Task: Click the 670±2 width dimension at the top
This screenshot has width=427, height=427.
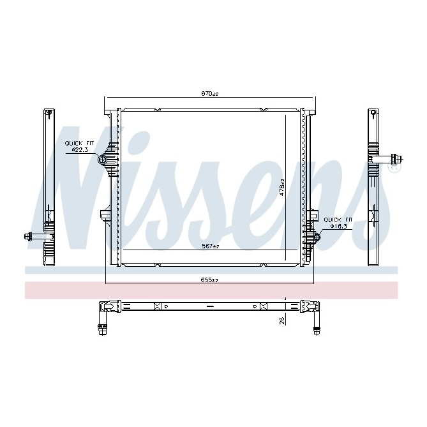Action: point(210,94)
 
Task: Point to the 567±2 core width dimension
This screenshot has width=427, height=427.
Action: point(210,246)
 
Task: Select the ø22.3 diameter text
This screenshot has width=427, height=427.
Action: point(80,149)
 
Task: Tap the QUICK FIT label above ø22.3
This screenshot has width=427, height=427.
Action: point(80,143)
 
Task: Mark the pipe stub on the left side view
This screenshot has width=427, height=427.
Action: point(33,237)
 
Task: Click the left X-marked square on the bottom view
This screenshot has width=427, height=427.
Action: point(157,306)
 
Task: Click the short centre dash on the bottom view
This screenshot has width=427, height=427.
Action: point(210,306)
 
